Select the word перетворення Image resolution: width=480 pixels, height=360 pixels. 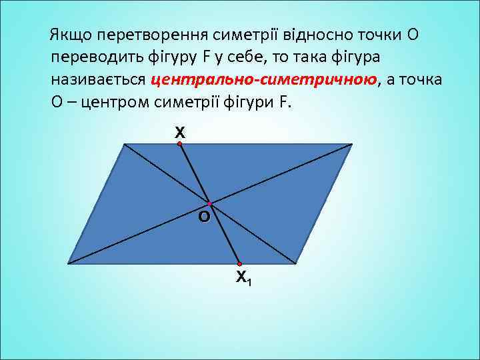tap(159, 35)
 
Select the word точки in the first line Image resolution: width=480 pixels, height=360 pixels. tap(377, 34)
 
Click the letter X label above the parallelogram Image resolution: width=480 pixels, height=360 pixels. tap(179, 133)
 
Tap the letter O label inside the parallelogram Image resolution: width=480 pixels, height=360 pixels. tap(203, 217)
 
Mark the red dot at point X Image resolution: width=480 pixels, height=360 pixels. tap(179, 143)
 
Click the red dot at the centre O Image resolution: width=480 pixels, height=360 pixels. tap(209, 203)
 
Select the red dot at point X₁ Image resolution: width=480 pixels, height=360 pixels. tap(239, 263)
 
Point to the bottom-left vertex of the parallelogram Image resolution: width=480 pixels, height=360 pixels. tap(67, 263)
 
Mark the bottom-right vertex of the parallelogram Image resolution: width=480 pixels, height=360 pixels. tap(295, 263)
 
